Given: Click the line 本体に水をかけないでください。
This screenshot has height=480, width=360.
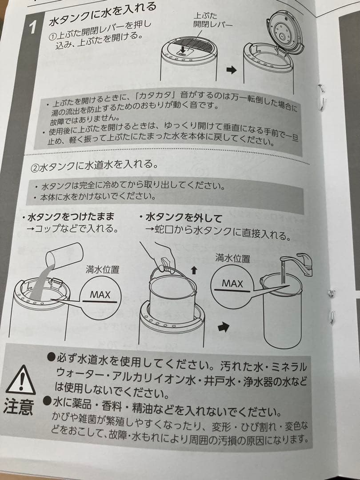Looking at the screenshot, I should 98,196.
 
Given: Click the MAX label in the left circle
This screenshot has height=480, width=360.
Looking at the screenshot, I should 100,295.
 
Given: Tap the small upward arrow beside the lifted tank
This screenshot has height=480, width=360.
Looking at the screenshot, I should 193,270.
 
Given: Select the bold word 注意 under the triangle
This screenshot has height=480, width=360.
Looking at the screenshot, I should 19,407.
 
